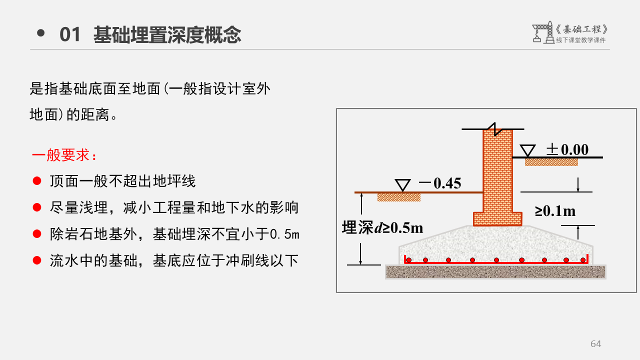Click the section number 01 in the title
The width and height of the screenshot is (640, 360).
[69, 34]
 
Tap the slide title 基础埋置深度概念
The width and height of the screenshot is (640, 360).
[167, 34]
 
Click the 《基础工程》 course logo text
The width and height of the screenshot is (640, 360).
[582, 29]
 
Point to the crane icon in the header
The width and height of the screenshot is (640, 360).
[542, 32]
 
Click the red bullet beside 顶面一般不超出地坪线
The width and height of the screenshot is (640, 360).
[36, 180]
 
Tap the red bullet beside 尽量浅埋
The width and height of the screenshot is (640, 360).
[36, 207]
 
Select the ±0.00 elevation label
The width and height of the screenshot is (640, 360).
[567, 149]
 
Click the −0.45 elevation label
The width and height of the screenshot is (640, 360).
[440, 183]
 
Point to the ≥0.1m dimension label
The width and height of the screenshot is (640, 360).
[555, 211]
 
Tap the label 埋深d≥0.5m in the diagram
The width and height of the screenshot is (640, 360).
[382, 227]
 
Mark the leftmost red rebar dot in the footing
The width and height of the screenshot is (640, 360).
[408, 260]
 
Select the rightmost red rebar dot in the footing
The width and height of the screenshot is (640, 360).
[583, 260]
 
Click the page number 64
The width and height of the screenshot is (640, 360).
[595, 343]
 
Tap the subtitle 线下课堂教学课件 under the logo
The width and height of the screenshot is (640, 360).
[580, 40]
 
